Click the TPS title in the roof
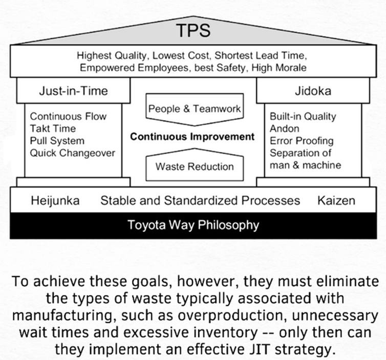pos(194,30)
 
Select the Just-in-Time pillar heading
pos(73,91)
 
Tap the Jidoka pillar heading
pos(313,91)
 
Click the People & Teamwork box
pos(195,110)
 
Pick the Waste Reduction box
pos(195,165)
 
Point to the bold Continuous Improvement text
pos(192,137)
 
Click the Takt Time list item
pos(53,129)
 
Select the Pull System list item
pos(57,141)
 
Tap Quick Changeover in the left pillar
pos(72,153)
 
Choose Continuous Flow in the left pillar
pos(68,116)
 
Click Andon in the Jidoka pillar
pos(284,129)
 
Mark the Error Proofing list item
pos(302,141)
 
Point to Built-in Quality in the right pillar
pos(303,116)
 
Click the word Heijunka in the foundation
pos(55,201)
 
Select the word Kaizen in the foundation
pos(336,200)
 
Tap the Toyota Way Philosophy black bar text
pos(193,225)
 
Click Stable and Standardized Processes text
pos(200,200)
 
